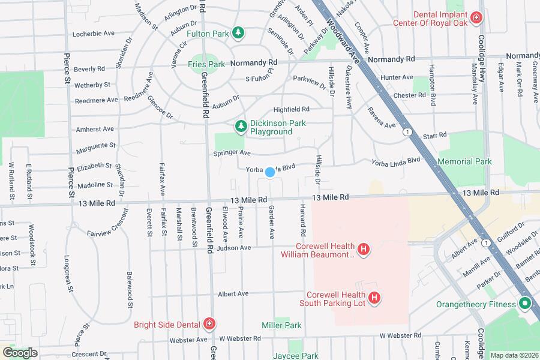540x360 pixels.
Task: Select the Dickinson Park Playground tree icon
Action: tap(241, 125)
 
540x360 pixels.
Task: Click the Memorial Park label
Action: tap(464, 161)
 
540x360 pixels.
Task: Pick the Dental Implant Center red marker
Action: tap(477, 18)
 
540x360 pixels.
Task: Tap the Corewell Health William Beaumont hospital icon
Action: tap(362, 248)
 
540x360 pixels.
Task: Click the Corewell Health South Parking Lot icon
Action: tap(374, 298)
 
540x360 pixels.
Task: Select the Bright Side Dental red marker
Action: tap(209, 324)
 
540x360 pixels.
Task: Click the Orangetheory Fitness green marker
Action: tap(526, 304)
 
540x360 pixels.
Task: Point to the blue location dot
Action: tap(270, 172)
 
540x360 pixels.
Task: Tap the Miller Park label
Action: tap(281, 325)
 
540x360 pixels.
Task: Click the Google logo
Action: tap(20, 353)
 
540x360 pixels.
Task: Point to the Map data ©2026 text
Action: tap(514, 355)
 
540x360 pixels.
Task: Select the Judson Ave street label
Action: tap(234, 248)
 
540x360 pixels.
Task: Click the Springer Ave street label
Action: tap(232, 154)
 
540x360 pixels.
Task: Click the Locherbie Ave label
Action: tap(92, 35)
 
